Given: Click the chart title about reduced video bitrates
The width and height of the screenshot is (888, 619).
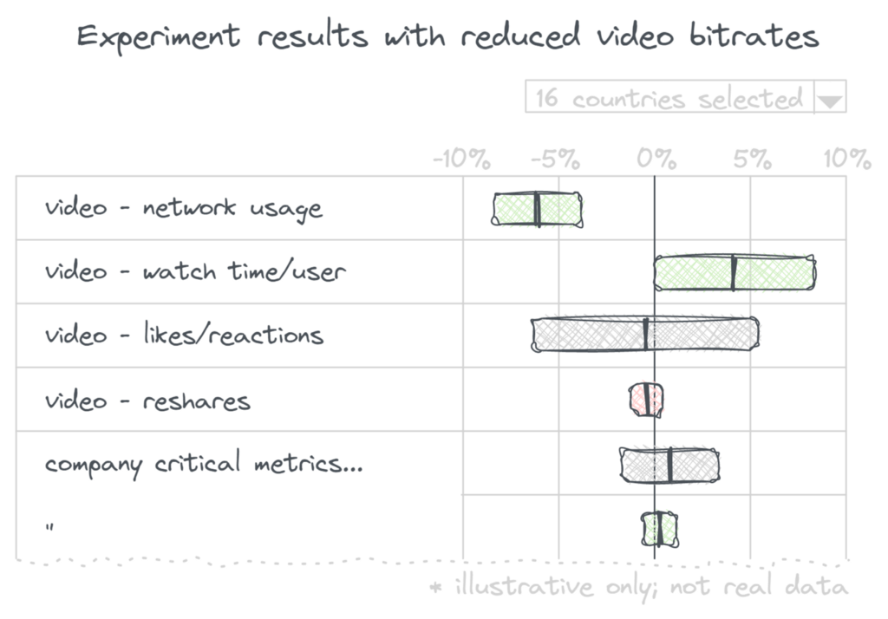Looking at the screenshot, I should [447, 37].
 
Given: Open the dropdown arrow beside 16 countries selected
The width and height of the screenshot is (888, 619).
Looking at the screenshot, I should [830, 100].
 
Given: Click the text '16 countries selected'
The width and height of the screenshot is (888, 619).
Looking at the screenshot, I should [669, 98].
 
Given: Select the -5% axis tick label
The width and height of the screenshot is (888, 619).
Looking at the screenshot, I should [555, 159].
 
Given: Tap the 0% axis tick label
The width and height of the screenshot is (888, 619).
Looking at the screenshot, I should [657, 159].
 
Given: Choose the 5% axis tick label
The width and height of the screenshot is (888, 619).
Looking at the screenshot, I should [752, 159].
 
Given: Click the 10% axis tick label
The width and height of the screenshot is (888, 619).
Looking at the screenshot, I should [846, 159].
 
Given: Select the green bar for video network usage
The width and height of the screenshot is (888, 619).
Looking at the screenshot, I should [538, 209].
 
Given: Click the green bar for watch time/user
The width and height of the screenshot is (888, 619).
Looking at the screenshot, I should [735, 272].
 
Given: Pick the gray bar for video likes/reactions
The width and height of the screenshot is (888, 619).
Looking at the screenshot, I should [645, 335].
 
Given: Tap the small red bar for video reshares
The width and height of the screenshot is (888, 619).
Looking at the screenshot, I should [646, 399].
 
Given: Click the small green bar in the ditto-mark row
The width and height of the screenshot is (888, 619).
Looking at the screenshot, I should [660, 528].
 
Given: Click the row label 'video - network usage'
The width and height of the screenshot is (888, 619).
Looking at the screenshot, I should [184, 209].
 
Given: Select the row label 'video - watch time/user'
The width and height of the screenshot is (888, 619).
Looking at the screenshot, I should [195, 272].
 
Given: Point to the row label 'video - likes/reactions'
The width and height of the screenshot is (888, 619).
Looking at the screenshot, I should [184, 336].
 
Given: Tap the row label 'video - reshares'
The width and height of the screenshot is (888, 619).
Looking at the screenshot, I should [147, 401].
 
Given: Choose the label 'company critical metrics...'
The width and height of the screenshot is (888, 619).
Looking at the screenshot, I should [204, 464].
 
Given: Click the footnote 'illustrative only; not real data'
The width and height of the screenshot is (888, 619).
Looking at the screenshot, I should [640, 587].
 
